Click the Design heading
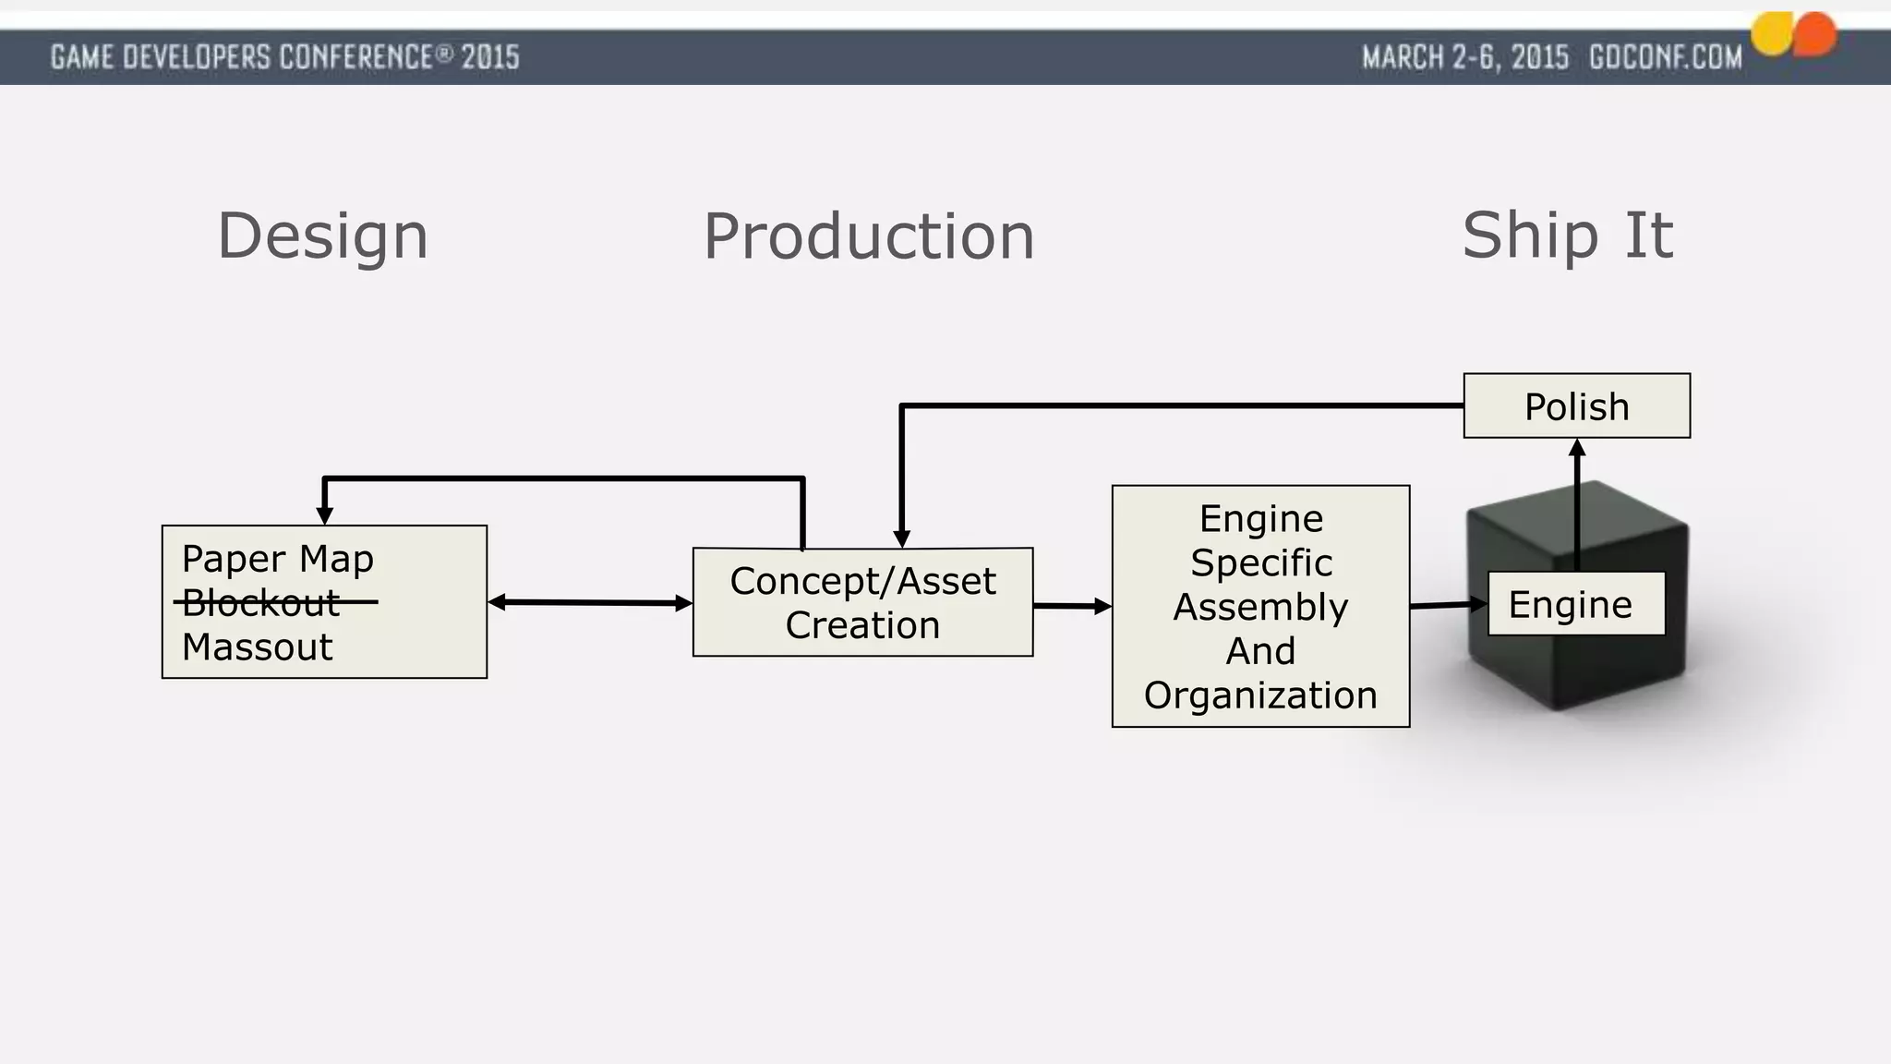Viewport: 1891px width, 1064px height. tap(322, 236)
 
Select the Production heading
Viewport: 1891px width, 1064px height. tap(869, 236)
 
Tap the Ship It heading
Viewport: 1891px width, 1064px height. tap(1567, 236)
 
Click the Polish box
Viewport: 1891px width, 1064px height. tap(1576, 406)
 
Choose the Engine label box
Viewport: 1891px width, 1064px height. tap(1575, 604)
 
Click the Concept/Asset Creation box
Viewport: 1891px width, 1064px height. tap(862, 602)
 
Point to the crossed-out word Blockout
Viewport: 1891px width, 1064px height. tap(261, 602)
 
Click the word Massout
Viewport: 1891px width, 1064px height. tap(257, 647)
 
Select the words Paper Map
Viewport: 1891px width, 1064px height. tap(277, 559)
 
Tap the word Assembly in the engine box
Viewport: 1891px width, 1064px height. tap(1260, 607)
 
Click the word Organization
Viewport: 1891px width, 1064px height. tap(1260, 695)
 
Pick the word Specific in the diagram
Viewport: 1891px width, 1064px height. tap(1260, 562)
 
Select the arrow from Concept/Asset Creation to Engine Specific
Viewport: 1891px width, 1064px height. tap(1071, 606)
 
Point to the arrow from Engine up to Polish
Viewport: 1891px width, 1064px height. tap(1576, 503)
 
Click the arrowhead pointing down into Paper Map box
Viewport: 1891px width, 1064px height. tap(325, 515)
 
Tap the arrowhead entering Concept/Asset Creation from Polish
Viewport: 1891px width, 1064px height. tap(902, 538)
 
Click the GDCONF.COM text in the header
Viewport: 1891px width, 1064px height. tap(1665, 57)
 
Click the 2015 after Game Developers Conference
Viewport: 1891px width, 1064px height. tap(490, 57)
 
